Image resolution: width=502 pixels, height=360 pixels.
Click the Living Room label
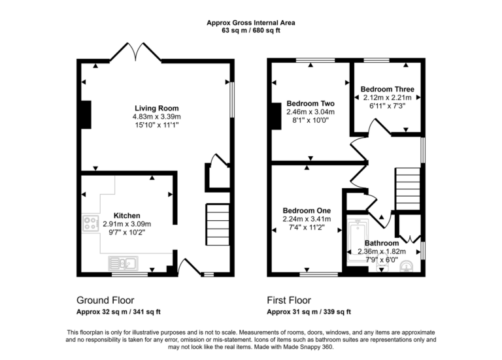click(157, 108)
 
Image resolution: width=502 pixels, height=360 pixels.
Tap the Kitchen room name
click(127, 215)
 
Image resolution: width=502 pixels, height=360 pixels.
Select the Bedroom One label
click(307, 210)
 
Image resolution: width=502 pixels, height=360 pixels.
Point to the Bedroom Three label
click(388, 89)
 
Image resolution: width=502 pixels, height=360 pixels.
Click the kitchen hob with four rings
click(90, 224)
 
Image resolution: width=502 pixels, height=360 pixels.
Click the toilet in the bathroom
click(407, 265)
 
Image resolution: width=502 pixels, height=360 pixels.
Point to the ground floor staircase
click(218, 222)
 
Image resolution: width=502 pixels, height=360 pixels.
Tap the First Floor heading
click(289, 301)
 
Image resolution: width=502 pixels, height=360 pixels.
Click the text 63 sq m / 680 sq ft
click(251, 30)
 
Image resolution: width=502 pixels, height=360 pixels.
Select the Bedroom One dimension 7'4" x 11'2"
click(307, 227)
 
